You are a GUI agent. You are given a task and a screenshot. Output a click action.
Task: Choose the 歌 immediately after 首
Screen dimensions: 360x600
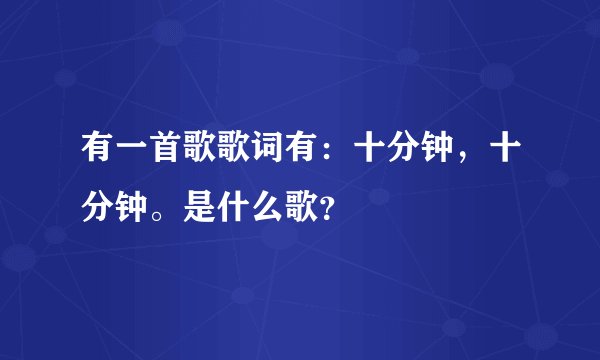coord(195,148)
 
